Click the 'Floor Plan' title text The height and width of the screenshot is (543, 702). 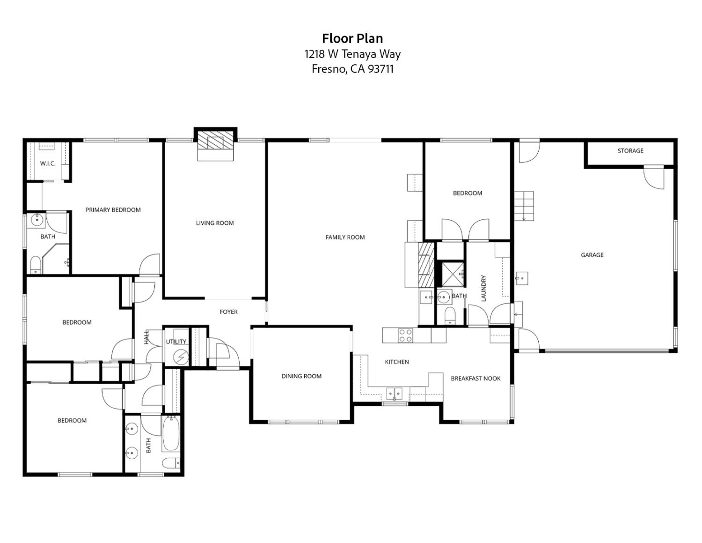(352, 38)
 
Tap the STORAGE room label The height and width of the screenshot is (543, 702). (630, 151)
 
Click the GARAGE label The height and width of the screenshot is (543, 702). (592, 255)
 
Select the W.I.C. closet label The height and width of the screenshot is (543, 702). (48, 164)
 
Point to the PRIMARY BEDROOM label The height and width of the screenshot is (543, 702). (113, 210)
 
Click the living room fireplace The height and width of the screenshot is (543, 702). (215, 140)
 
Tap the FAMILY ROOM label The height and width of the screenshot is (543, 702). (345, 237)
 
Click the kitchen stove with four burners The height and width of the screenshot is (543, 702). (405, 335)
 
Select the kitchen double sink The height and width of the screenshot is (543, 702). (394, 393)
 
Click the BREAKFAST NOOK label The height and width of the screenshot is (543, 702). (475, 379)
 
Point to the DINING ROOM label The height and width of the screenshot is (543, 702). (301, 376)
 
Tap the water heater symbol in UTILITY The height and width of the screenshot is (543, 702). (180, 357)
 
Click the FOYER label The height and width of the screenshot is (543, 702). (228, 312)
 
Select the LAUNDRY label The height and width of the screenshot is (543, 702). (483, 288)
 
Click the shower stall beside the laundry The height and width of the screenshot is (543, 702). (451, 274)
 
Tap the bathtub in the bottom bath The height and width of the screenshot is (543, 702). (170, 433)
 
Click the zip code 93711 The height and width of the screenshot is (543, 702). (380, 69)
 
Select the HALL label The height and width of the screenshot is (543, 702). (146, 337)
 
